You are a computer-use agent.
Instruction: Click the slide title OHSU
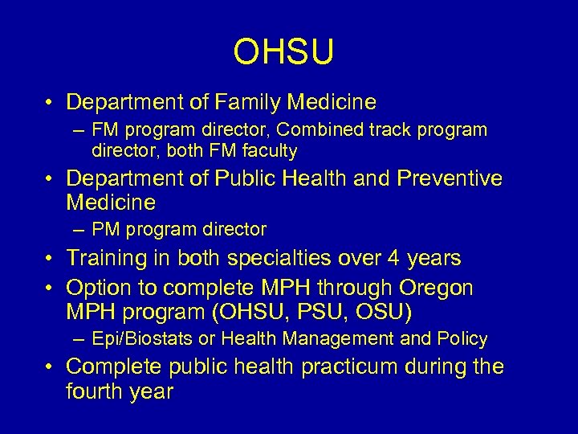[x=283, y=52]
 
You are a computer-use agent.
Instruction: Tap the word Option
[x=96, y=288]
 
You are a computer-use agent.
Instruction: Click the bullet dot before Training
[x=50, y=259]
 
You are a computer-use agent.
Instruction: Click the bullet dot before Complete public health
[x=50, y=367]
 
